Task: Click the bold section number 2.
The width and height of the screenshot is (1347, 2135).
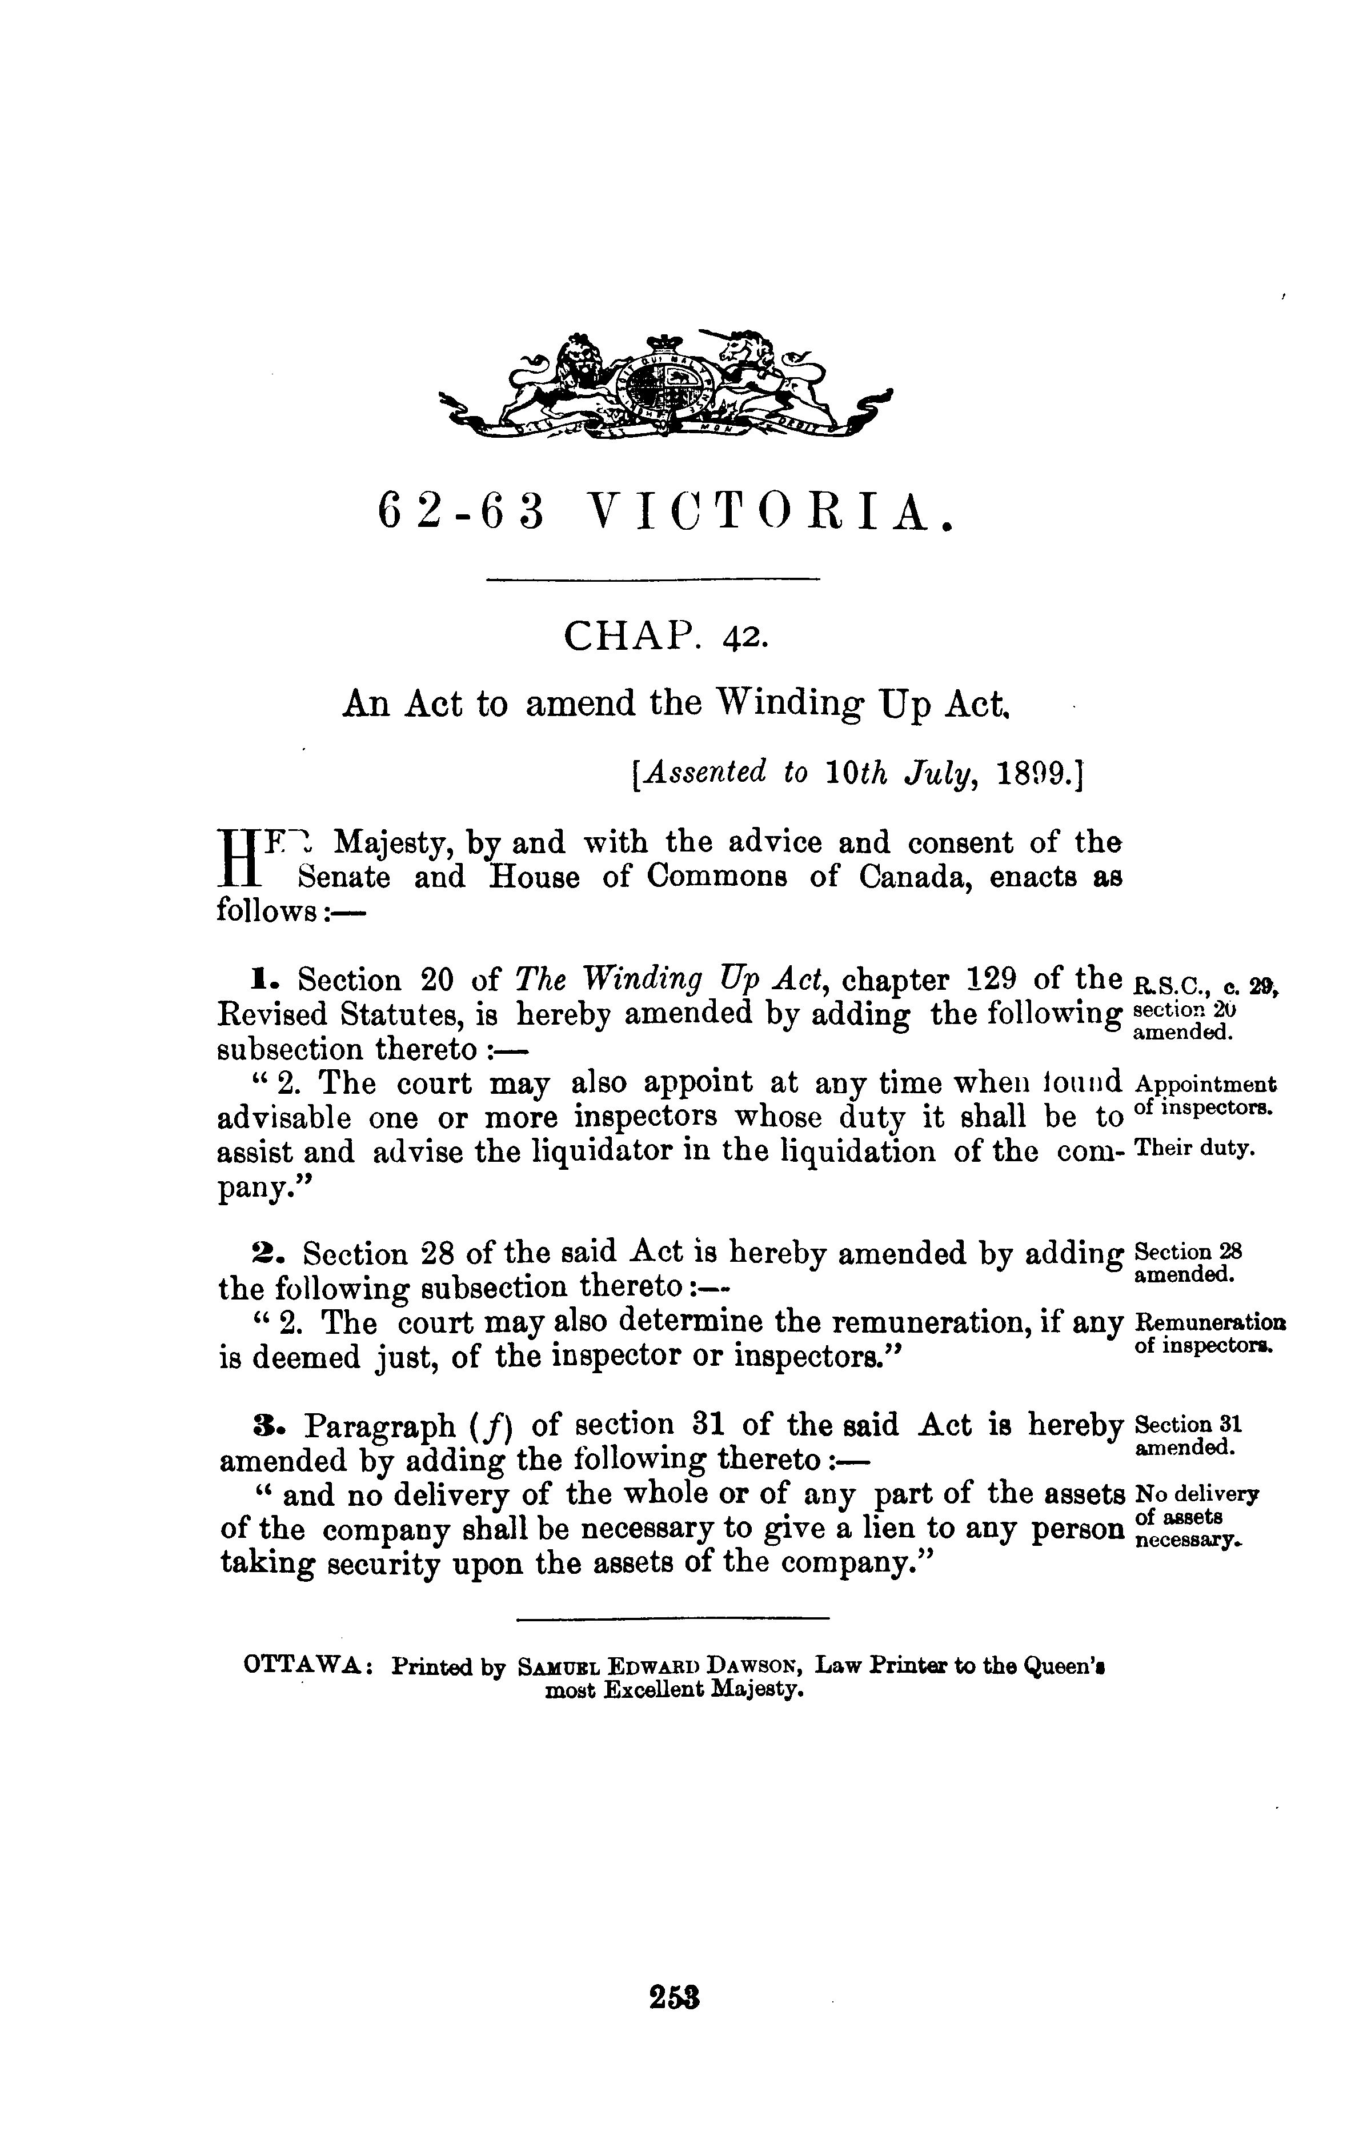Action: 263,1254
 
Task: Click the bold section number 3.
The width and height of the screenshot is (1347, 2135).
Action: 263,1426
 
